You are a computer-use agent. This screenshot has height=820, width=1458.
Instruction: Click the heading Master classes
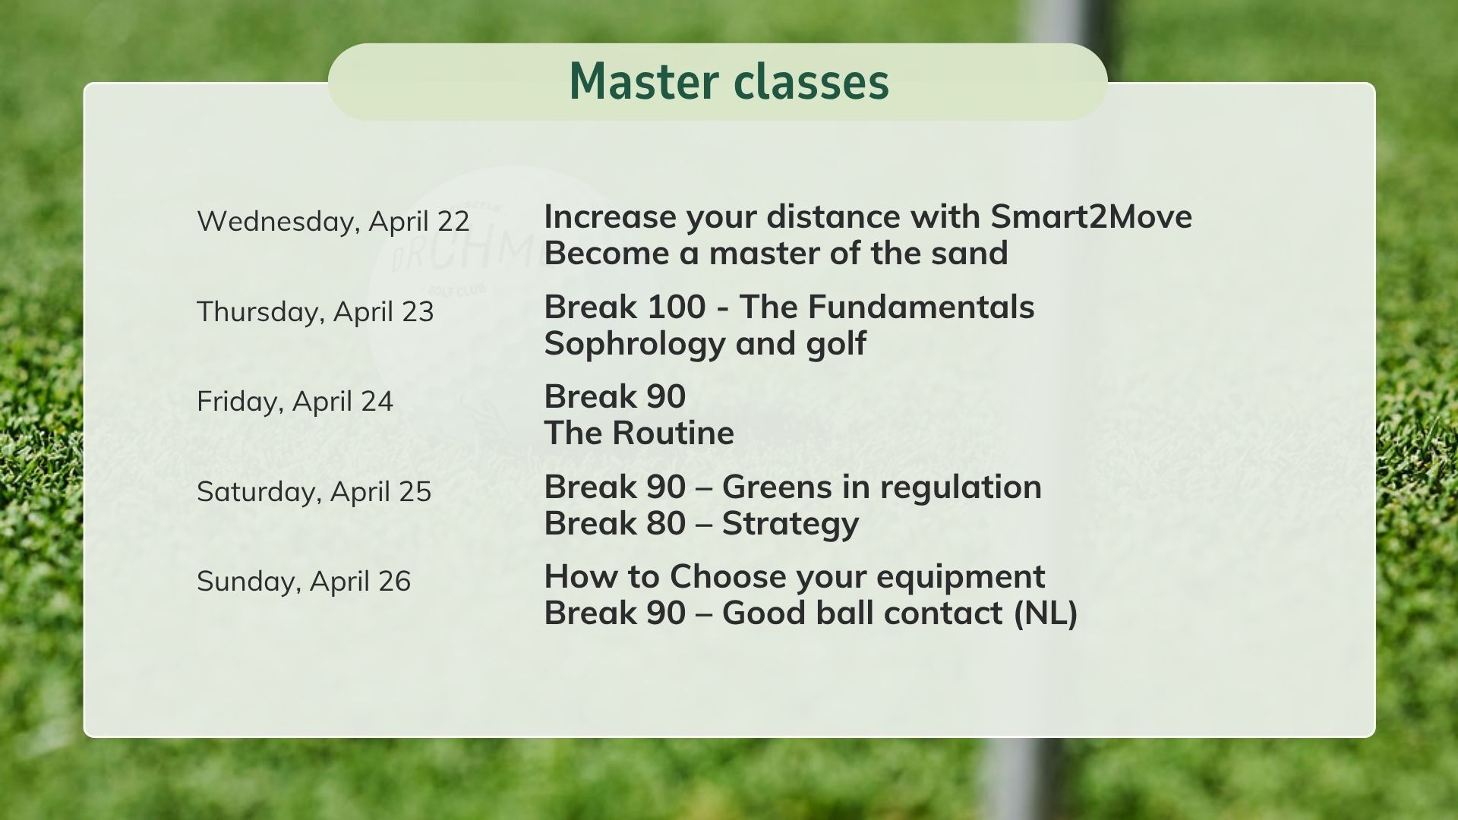pyautogui.click(x=728, y=82)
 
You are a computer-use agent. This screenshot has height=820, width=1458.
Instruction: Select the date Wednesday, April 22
pyautogui.click(x=333, y=222)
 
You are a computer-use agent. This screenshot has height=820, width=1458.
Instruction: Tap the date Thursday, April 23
pyautogui.click(x=315, y=312)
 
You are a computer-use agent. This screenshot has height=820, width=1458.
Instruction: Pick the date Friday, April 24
pyautogui.click(x=295, y=402)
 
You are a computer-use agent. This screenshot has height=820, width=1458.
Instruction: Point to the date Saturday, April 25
pyautogui.click(x=314, y=492)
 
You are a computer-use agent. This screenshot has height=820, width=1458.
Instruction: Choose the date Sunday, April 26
pyautogui.click(x=303, y=582)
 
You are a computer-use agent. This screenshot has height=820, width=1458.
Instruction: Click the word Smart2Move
pyautogui.click(x=1091, y=217)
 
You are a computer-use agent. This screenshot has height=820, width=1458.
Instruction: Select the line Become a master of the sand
pyautogui.click(x=775, y=254)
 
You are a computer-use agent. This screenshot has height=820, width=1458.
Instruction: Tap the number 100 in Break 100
pyautogui.click(x=666, y=307)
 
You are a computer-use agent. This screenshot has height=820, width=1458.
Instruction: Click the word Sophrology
pyautogui.click(x=635, y=344)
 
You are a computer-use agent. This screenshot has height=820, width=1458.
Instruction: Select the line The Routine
pyautogui.click(x=639, y=434)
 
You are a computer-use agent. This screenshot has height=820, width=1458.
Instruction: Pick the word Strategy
pyautogui.click(x=790, y=524)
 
